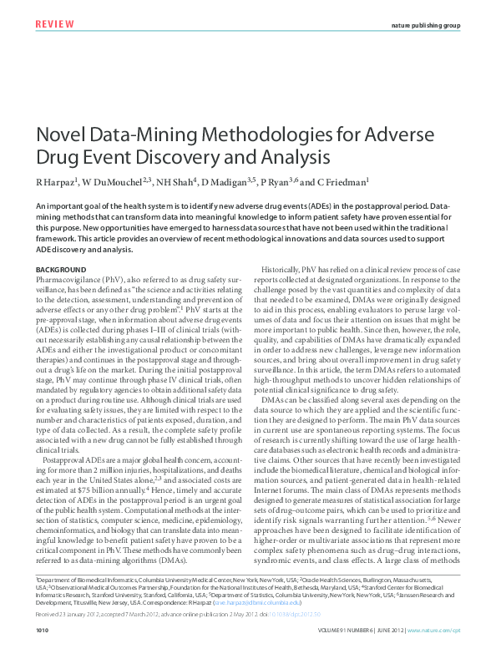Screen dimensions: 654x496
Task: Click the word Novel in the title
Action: (59, 135)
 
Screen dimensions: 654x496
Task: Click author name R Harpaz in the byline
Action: (57, 182)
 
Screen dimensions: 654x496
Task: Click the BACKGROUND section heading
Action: (62, 269)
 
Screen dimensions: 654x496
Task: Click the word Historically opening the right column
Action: (288, 269)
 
